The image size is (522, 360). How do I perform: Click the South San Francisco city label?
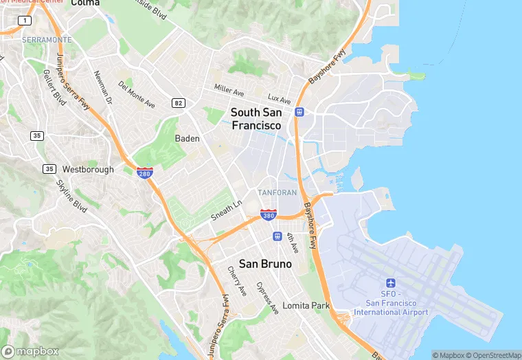[x=256, y=119]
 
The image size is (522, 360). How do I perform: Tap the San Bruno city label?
[x=265, y=264]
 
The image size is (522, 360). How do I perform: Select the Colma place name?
[x=85, y=3]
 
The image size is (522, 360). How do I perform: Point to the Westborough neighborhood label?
[x=88, y=169]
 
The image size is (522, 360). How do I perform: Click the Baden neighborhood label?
[x=188, y=139]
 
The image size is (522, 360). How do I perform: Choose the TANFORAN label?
[x=277, y=192]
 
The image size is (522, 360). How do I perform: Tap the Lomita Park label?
[x=306, y=306]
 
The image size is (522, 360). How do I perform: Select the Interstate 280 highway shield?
[x=145, y=172]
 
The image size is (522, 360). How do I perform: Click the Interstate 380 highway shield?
[x=269, y=216]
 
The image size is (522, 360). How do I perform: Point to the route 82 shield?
[x=179, y=103]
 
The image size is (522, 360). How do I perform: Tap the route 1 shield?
[x=25, y=21]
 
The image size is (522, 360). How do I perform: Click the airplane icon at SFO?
[x=391, y=283]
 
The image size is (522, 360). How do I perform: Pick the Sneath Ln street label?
[x=227, y=210]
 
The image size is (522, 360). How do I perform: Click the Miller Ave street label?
[x=229, y=90]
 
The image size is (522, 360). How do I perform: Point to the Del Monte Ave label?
[x=136, y=95]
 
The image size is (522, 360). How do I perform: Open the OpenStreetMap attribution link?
[x=493, y=355]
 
